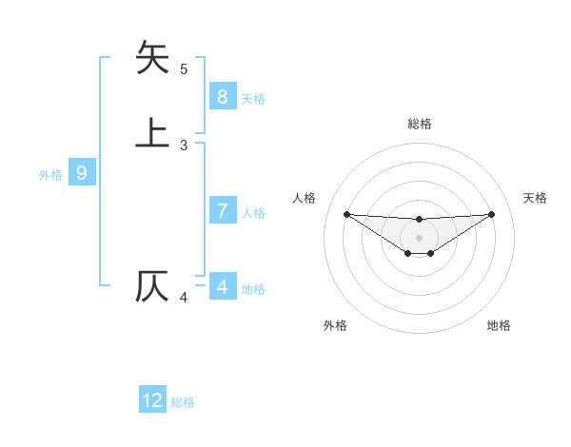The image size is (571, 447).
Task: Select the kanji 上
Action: tap(152, 132)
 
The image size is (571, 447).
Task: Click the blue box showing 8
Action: tap(222, 96)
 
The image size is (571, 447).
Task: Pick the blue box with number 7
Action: tap(222, 211)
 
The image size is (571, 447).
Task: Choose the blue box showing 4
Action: tap(222, 286)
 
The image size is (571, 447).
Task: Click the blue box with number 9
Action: tap(82, 173)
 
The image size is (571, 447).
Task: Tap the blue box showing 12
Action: tap(152, 400)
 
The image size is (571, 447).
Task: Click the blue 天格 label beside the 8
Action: tap(253, 99)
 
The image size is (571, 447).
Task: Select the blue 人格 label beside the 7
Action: tap(253, 213)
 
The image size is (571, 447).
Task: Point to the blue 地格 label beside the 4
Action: tap(253, 289)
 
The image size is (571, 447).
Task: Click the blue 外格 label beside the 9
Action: tap(50, 175)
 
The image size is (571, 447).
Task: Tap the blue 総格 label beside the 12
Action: tap(183, 402)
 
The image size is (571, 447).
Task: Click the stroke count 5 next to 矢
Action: tap(184, 69)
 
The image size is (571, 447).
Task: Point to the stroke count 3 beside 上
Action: tap(184, 146)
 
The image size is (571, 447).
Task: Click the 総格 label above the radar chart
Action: tap(419, 124)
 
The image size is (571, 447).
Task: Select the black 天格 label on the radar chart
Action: tap(535, 198)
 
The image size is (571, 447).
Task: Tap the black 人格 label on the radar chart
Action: tap(305, 198)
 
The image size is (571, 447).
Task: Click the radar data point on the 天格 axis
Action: tap(491, 214)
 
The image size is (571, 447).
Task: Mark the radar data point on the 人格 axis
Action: tap(346, 214)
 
